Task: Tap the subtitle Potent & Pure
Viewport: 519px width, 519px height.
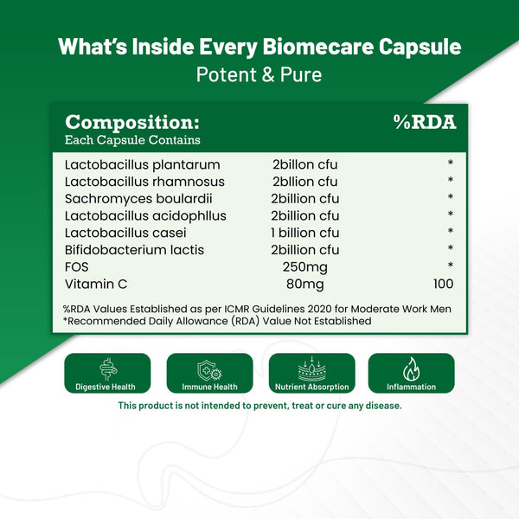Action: pyautogui.click(x=259, y=74)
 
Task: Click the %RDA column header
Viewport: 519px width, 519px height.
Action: pyautogui.click(x=424, y=122)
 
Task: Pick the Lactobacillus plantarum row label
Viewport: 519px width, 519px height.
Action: pyautogui.click(x=142, y=164)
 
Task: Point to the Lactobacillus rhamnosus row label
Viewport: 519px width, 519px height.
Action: pyautogui.click(x=144, y=182)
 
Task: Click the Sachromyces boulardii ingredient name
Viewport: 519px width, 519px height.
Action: pyautogui.click(x=140, y=198)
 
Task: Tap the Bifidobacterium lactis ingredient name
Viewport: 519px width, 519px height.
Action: pyautogui.click(x=137, y=249)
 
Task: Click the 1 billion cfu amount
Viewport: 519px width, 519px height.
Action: pyautogui.click(x=305, y=233)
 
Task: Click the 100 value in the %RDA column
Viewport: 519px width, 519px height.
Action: pyautogui.click(x=443, y=283)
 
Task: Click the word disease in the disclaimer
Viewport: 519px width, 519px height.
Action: pyautogui.click(x=381, y=405)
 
